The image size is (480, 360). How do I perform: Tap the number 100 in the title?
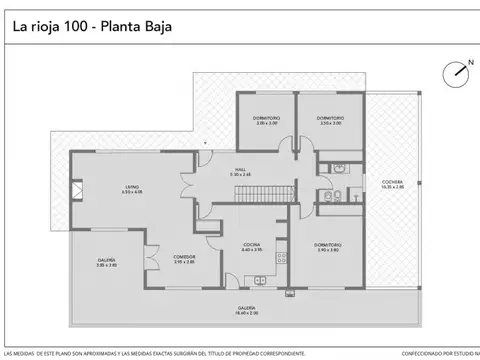66,26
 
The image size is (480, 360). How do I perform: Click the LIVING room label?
131,187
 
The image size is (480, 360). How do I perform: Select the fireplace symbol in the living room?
78,186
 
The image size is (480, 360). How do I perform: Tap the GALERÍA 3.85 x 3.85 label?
106,262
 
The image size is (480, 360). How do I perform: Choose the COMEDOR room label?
183,258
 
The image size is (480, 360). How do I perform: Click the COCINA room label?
251,247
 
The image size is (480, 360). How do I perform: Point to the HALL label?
240,171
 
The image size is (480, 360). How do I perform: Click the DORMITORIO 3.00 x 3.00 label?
266,120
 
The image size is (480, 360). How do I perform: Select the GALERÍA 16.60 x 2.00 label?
246,310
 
